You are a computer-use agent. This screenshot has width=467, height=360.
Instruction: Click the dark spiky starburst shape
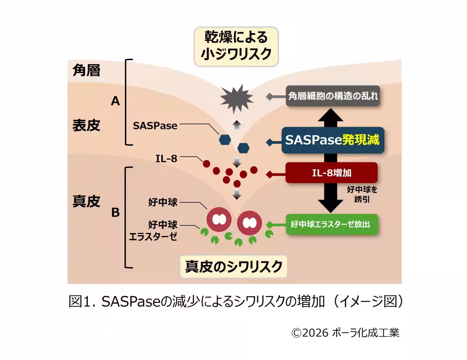point(237,99)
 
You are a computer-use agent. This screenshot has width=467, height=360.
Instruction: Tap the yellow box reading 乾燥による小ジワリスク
point(236,47)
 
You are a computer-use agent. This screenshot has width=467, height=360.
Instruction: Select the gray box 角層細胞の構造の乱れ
point(333,96)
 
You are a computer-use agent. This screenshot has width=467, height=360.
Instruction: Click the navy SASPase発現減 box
point(333,140)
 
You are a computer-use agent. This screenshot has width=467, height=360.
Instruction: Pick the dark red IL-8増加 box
point(332,173)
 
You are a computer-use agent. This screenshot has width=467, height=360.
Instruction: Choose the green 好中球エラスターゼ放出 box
point(332,224)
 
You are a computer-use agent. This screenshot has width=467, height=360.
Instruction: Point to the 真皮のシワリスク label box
point(233,267)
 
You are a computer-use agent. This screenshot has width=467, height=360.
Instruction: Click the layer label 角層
point(86,70)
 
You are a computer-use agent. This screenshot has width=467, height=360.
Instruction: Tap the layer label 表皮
point(86,125)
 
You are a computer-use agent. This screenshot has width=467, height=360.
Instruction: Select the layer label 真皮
point(86,201)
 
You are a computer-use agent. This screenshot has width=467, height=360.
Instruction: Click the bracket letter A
point(116,101)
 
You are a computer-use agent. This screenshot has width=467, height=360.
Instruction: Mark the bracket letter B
point(116,213)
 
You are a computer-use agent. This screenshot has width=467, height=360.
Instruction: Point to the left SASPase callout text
point(155,126)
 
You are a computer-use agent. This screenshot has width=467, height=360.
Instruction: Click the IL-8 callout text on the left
point(166,159)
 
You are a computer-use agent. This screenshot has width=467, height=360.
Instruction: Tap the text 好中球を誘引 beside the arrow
point(362,194)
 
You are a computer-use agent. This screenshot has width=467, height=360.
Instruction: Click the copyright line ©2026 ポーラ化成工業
point(345,333)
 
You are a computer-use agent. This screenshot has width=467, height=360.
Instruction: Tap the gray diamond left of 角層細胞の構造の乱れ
point(269,96)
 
